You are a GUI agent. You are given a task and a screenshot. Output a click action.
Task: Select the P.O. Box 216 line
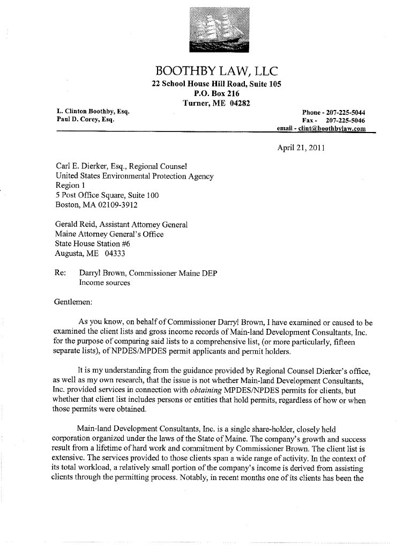216,93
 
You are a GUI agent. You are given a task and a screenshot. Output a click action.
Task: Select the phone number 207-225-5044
346,113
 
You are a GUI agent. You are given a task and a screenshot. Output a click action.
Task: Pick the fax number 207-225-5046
346,121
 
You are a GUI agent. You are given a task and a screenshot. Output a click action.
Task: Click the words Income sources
105,282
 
